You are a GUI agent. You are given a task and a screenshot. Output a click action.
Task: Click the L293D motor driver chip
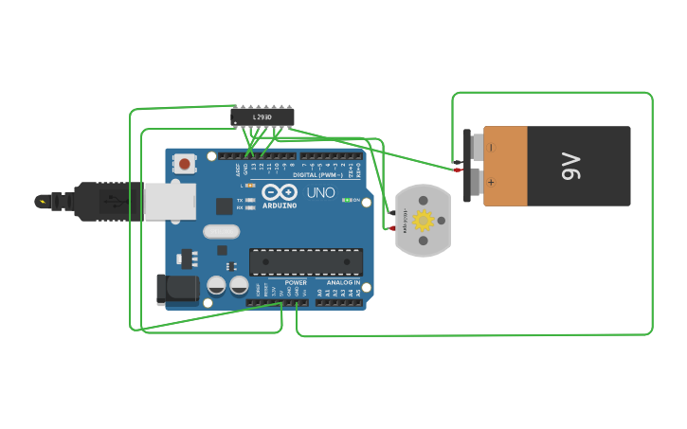point(262,116)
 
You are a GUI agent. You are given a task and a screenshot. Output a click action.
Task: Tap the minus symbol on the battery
point(491,148)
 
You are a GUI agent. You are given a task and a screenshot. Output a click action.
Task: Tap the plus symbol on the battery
point(491,182)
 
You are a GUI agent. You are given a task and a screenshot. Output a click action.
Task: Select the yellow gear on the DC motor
point(423,222)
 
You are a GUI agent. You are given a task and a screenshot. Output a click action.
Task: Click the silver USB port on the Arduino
point(171,202)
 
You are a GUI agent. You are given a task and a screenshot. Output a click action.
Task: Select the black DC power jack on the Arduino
point(176,289)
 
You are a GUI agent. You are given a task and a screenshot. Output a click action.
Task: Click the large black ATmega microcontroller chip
point(305,261)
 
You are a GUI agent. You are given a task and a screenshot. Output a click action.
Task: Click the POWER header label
point(296,282)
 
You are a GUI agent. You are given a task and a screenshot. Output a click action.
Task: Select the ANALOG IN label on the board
point(343,282)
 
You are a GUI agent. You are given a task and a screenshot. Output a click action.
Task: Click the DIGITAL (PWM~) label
point(318,175)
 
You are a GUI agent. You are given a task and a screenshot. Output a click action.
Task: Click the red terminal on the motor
point(392,227)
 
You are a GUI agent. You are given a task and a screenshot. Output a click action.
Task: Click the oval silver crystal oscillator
point(221,231)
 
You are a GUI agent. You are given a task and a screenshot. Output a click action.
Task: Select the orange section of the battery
point(505,167)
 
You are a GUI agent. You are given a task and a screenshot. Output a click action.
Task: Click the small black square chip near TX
point(224,206)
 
